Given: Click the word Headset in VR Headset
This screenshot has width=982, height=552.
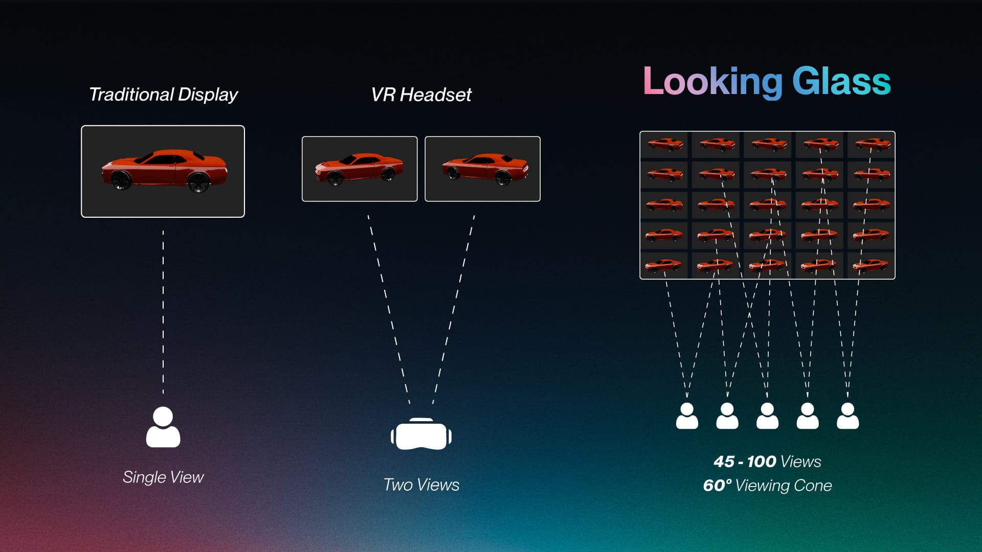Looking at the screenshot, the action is click(435, 95).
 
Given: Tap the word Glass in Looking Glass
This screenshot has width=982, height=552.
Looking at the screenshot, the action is click(841, 82).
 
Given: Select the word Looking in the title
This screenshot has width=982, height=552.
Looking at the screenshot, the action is click(712, 82).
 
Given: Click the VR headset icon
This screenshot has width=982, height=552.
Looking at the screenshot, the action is click(421, 434).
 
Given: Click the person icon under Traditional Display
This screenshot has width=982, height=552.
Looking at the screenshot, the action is click(163, 427).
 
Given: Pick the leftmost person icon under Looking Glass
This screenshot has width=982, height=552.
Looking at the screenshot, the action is click(687, 416).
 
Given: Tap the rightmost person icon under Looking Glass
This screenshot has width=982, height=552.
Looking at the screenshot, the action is click(847, 416).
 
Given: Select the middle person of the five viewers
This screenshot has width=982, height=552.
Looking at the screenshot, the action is click(767, 416).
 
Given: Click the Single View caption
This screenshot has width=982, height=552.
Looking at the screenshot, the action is click(163, 477).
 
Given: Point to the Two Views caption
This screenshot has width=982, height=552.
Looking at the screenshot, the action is click(421, 485).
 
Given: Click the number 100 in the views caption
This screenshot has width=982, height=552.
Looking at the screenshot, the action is click(761, 462).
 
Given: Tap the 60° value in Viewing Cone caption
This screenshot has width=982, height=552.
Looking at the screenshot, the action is click(717, 485).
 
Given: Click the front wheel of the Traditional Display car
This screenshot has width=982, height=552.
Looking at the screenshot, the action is click(121, 180).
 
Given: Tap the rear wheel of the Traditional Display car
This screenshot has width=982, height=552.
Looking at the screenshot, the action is click(198, 181).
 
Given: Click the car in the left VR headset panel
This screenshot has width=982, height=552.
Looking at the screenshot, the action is click(359, 169).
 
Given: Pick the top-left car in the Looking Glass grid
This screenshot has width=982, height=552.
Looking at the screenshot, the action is click(665, 144).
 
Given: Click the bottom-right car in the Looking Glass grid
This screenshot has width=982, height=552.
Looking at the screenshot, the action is click(871, 265).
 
